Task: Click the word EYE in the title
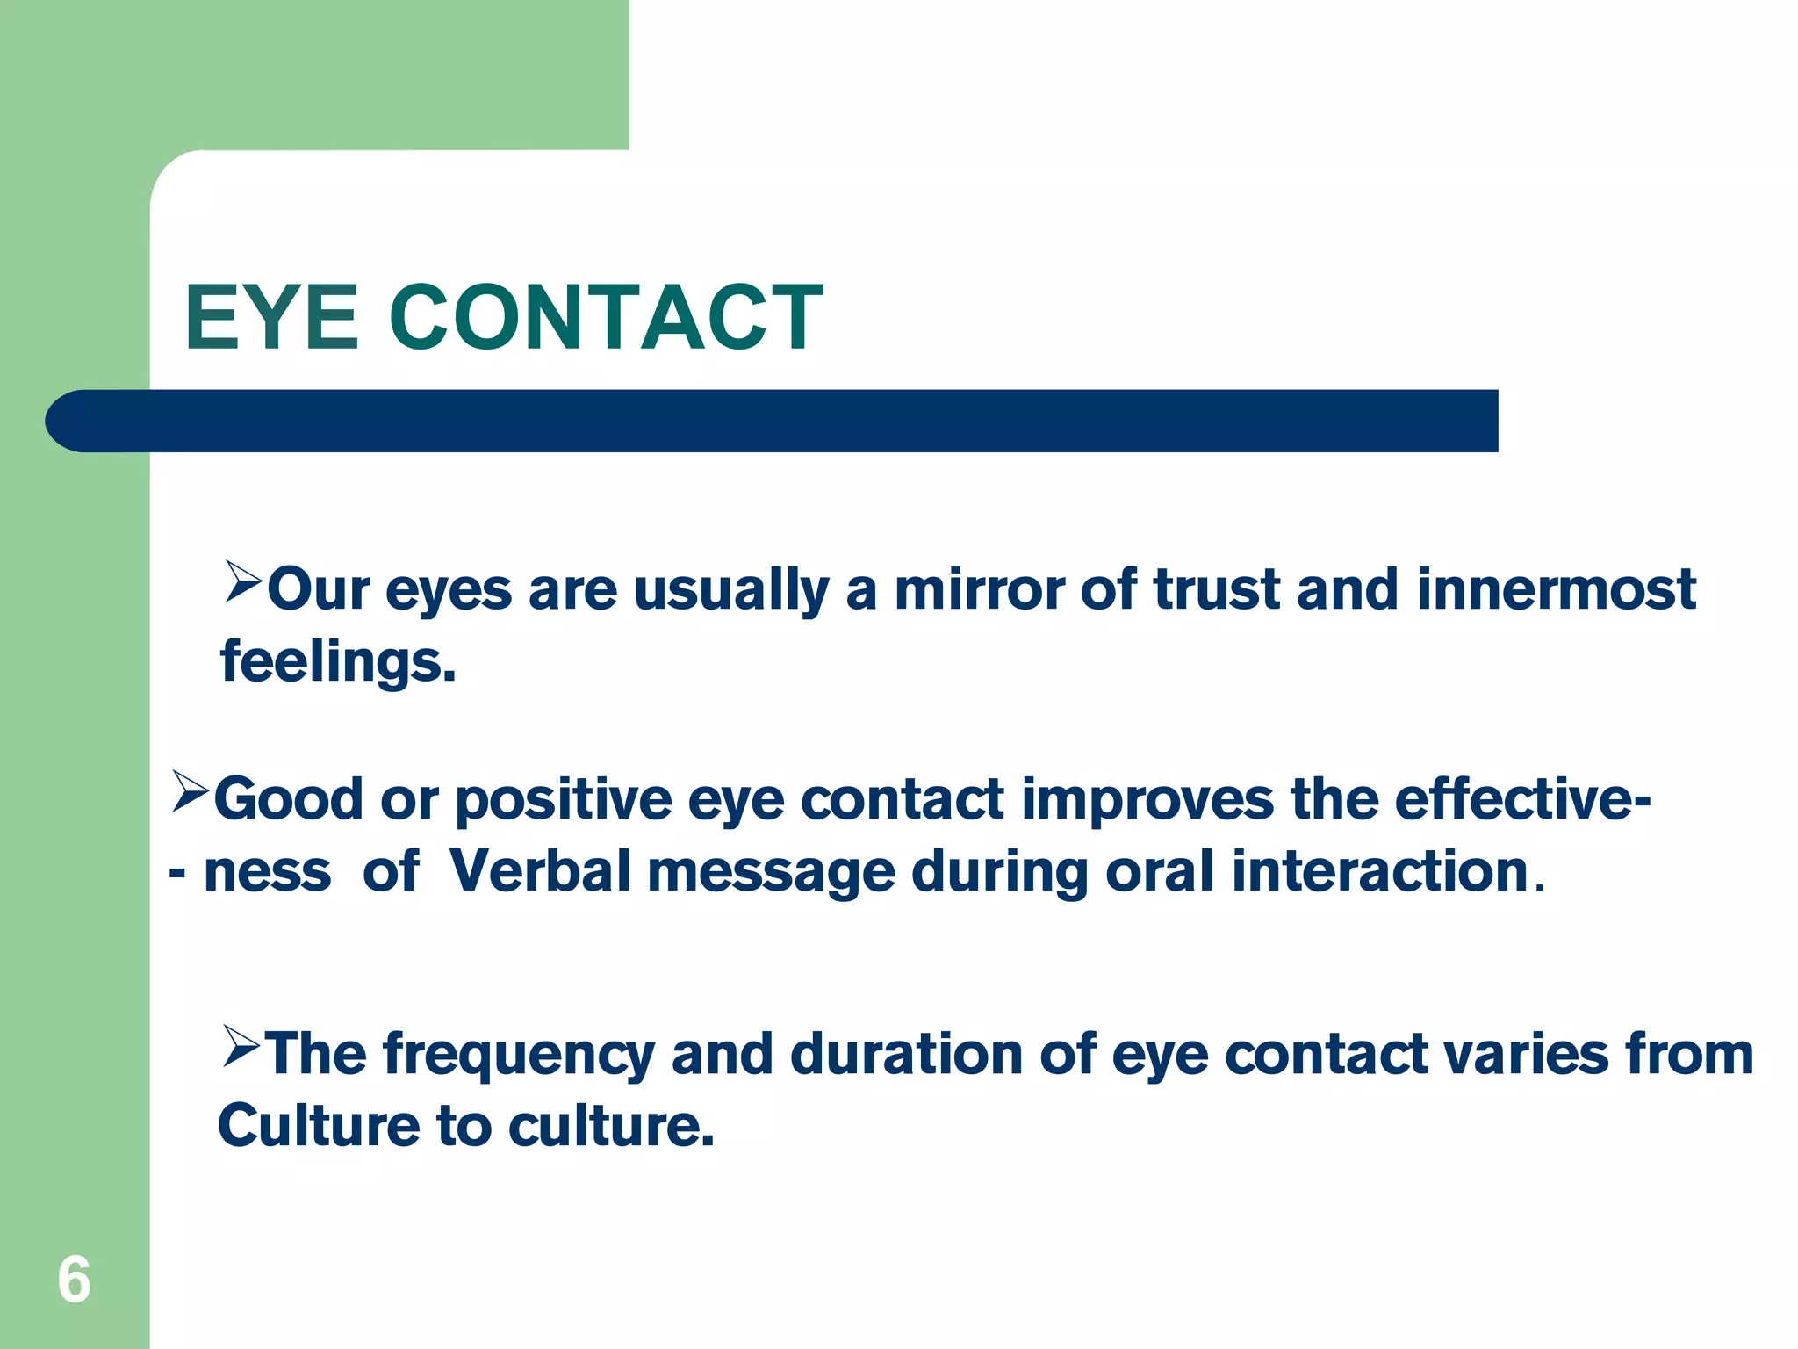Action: pos(271,318)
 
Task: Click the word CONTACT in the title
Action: pos(606,318)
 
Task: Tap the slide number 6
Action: pos(74,1280)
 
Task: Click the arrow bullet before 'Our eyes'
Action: pos(243,581)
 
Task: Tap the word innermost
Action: pos(1556,589)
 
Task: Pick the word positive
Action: pos(564,801)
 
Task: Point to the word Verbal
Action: pos(539,872)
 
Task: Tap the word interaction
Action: pos(1380,872)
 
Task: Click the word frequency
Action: pos(519,1056)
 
